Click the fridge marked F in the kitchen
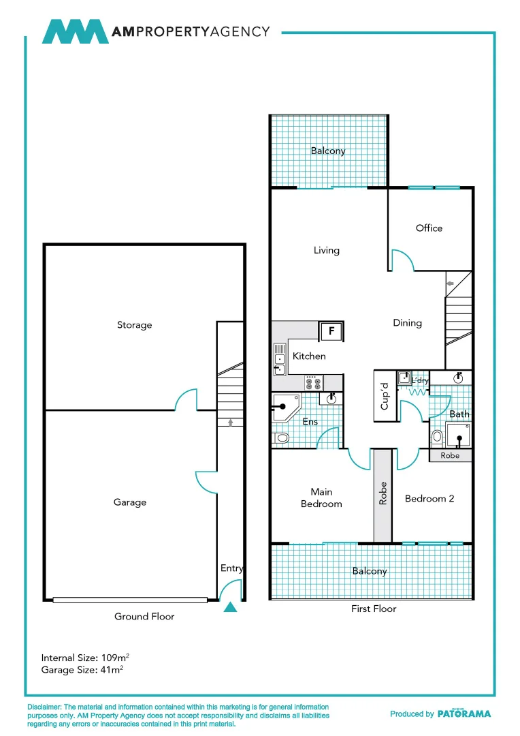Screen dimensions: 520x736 pos(331,331)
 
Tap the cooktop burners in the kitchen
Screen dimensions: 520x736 pos(313,383)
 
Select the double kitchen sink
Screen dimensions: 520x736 pos(280,360)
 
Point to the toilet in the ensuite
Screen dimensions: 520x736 pos(280,438)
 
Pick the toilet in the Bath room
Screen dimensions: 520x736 pos(437,438)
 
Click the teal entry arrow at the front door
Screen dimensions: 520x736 pos(230,607)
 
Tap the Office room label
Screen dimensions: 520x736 pos(429,228)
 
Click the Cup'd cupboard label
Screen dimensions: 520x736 pos(385,396)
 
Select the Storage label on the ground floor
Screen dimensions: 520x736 pos(135,325)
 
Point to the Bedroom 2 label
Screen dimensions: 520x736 pos(429,498)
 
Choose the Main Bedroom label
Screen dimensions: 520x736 pos(322,497)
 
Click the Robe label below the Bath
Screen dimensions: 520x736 pos(450,455)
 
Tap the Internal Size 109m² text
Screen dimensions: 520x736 pos(85,657)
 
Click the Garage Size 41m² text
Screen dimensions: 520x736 pos(82,670)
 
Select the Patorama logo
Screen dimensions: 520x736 pos(464,714)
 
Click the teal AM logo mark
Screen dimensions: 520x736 pos(75,31)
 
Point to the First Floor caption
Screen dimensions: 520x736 pos(374,609)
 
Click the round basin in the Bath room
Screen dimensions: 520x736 pos(458,378)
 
